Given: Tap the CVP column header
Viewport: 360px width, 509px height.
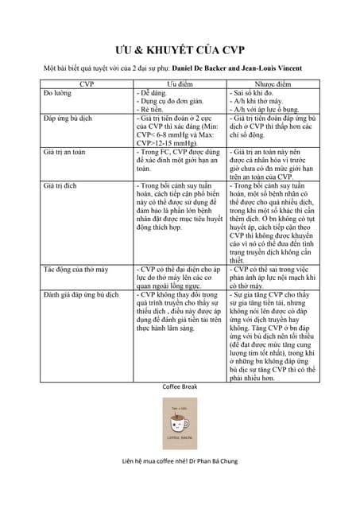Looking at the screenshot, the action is [x=87, y=84].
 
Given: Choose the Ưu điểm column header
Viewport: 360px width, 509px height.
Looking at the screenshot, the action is [x=180, y=84].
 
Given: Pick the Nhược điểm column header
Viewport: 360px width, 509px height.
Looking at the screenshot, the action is [x=273, y=84].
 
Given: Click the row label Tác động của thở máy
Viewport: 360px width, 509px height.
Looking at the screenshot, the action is [x=75, y=270].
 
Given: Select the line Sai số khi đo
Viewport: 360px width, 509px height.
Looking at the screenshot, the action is [x=254, y=93].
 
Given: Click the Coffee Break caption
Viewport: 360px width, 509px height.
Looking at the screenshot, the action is [x=180, y=387].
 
